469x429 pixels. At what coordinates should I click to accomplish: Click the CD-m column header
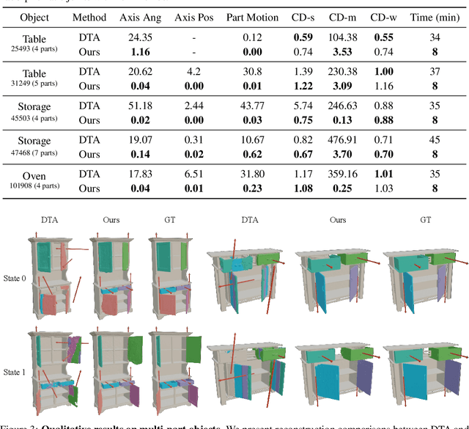coord(338,17)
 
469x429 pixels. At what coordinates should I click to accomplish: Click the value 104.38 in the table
coord(338,37)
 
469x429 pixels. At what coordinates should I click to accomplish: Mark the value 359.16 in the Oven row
coord(338,175)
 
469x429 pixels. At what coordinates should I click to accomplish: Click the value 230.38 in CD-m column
coord(338,71)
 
